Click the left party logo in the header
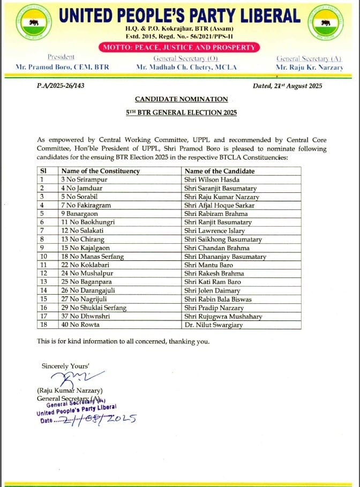pos(34,22)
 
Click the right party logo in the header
pos(325,22)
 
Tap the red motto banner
pos(180,47)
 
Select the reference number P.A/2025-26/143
pos(61,86)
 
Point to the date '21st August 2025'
pos(288,86)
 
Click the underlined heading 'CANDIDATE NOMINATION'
pos(181,99)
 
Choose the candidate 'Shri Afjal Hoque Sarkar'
pos(219,205)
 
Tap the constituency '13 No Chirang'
pos(83,239)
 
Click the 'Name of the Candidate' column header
pos(219,171)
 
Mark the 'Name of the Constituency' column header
pos(101,171)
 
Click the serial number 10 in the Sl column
pos(44,257)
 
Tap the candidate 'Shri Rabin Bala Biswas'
pos(218,299)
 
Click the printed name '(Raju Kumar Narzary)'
pos(70,391)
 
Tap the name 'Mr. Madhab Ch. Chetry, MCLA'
pos(186,68)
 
